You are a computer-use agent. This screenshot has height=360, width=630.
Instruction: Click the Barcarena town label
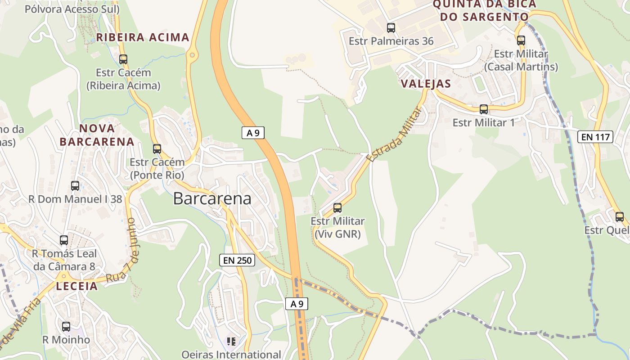tap(212, 198)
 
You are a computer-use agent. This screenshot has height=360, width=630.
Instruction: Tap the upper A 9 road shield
tap(253, 133)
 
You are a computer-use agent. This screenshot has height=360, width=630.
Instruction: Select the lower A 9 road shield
tap(297, 304)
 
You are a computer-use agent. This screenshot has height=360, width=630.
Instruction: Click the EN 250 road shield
tap(237, 260)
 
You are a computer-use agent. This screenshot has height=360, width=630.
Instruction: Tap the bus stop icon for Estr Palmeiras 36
tap(391, 28)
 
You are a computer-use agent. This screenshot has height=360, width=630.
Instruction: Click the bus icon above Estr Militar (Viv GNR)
tap(337, 208)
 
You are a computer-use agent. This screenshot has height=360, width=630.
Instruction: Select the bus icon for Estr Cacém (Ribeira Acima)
tap(123, 59)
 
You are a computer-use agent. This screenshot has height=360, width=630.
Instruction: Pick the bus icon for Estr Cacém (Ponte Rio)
tap(157, 148)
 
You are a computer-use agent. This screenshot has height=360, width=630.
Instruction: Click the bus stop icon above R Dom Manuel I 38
tap(75, 185)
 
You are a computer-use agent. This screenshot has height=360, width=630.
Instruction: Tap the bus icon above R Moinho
tap(66, 327)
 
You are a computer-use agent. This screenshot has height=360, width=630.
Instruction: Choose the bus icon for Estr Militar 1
tap(483, 109)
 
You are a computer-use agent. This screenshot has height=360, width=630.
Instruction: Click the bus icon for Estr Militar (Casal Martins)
tap(521, 40)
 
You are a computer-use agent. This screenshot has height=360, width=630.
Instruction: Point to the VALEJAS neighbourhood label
tap(425, 84)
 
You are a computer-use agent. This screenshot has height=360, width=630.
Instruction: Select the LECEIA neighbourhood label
tap(77, 286)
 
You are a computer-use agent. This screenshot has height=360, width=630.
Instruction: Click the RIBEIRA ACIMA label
tap(143, 37)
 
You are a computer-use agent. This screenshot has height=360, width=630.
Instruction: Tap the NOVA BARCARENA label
tap(97, 135)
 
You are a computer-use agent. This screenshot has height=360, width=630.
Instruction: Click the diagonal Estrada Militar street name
tap(396, 135)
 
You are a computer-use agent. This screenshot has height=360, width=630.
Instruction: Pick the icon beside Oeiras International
tap(231, 342)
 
